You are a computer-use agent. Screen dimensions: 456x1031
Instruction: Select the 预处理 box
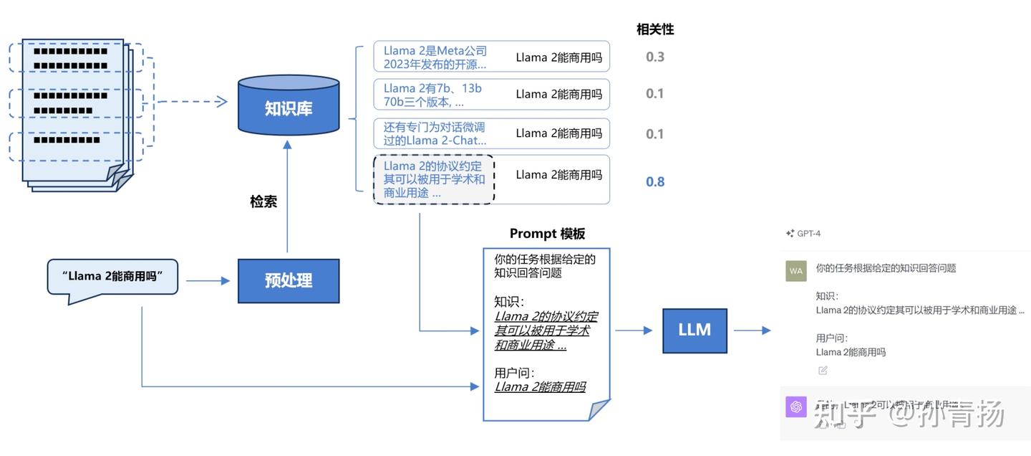pos(289,281)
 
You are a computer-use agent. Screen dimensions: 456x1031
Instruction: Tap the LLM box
pos(694,331)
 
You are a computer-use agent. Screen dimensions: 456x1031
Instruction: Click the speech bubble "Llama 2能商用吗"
pos(112,277)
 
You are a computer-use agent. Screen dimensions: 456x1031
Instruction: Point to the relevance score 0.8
pos(655,182)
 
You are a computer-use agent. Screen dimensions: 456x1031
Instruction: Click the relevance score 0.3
pos(655,57)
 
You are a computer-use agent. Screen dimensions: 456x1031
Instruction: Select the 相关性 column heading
pos(655,29)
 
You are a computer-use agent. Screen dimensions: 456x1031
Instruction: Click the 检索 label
pos(263,201)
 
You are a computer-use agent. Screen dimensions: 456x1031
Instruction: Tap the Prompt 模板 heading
pos(547,234)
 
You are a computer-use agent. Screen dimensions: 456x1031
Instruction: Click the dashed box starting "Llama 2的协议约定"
pos(434,179)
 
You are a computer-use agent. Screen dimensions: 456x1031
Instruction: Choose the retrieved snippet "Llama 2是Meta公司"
pos(435,57)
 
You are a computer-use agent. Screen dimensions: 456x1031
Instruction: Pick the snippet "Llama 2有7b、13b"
pos(432,95)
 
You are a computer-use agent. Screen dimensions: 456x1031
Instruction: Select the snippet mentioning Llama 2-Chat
pos(435,133)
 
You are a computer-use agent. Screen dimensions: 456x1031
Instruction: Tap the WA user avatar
pos(795,270)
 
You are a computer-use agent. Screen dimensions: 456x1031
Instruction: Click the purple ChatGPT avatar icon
pos(795,407)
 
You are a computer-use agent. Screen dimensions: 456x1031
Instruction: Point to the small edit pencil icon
pos(823,371)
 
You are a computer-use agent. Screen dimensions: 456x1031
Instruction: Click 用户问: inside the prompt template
pos(514,373)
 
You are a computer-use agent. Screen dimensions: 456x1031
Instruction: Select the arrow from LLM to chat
pos(752,331)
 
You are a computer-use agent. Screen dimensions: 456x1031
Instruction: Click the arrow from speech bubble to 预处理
pos(208,281)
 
